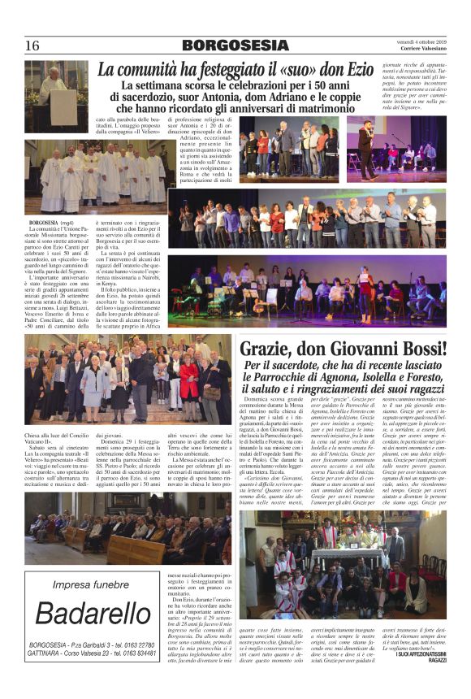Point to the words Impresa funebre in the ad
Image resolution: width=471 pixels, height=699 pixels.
click(90, 584)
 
